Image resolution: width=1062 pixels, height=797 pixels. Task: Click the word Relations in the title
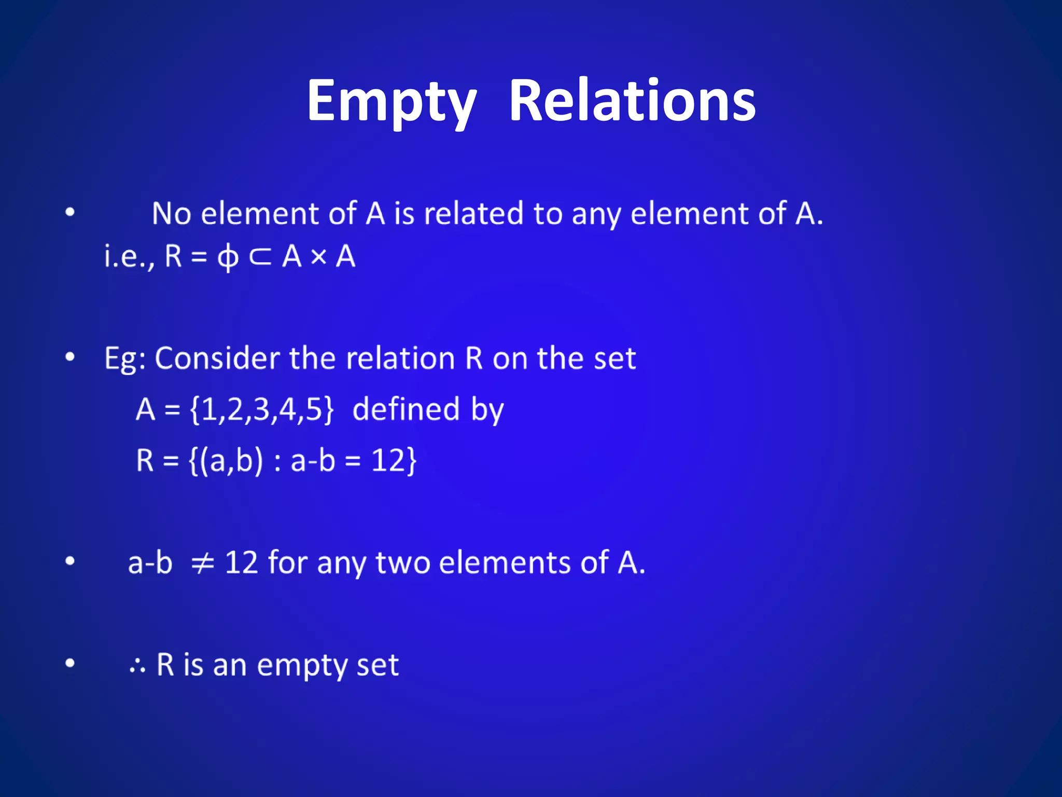[x=632, y=101]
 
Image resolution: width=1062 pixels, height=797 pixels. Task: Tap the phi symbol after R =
[x=228, y=257]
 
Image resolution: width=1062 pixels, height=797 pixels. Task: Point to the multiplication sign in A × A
[x=319, y=256]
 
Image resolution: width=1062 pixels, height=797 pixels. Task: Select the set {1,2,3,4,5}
[x=262, y=409]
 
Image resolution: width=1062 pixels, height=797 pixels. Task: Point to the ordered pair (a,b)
[x=232, y=460]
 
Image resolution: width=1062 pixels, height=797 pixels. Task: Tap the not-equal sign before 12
[x=202, y=562]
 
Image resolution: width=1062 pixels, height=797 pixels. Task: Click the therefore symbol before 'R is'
[x=137, y=666]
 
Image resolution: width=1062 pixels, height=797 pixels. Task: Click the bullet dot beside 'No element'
[x=70, y=212]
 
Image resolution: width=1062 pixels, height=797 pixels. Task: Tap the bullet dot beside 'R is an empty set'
[x=70, y=663]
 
